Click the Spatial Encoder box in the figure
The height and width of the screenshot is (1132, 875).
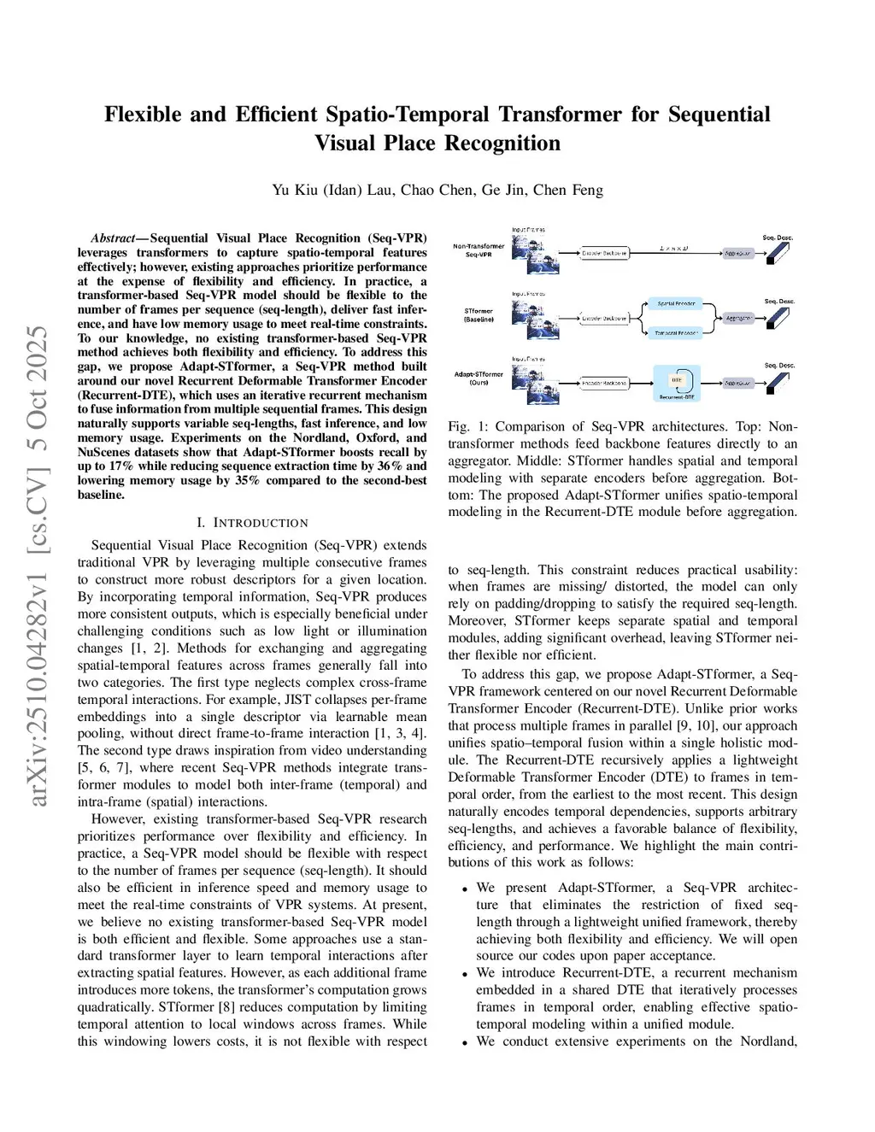[x=676, y=303]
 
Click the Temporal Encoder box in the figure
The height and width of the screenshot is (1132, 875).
[x=676, y=332]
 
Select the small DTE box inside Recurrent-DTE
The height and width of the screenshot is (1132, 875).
[x=677, y=379]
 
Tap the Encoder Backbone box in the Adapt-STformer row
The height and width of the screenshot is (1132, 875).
[x=604, y=383]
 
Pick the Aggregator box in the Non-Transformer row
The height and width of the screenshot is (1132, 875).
[x=737, y=253]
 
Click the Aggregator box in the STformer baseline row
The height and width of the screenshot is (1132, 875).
[x=738, y=318]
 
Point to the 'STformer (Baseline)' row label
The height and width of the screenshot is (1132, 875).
[x=479, y=315]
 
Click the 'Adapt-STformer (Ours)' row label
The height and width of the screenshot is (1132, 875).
[x=479, y=378]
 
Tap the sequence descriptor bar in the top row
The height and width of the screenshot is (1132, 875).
[x=778, y=252]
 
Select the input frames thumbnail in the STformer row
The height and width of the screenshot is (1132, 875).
[x=535, y=317]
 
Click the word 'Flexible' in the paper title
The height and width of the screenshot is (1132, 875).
[x=143, y=114]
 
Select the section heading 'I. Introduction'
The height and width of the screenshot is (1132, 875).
[x=252, y=523]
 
